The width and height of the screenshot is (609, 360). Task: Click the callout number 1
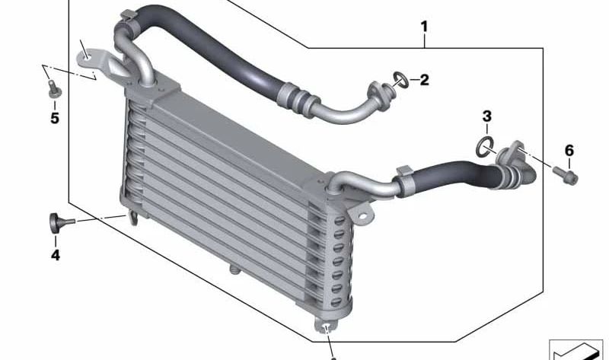coord(424,27)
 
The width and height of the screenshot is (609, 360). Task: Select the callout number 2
coord(424,80)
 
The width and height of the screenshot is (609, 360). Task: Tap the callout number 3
coord(487,116)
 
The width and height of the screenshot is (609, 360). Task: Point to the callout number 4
coord(55,255)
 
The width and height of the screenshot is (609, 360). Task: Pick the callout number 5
coord(55,118)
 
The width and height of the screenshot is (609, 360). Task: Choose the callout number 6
coord(569,150)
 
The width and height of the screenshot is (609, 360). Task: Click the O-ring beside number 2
coord(401,80)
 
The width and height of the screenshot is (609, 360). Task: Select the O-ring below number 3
coord(485,147)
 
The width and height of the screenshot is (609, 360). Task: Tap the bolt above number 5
coord(54,89)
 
